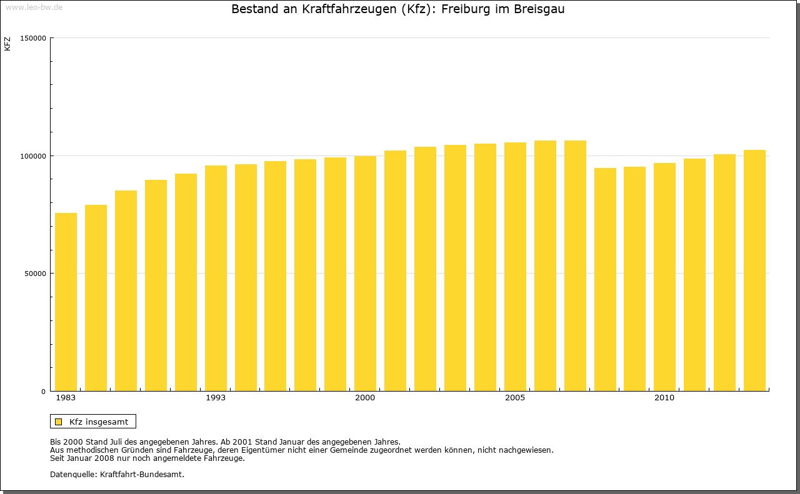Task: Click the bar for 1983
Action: click(66, 302)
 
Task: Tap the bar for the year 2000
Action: click(365, 274)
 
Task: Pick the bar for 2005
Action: click(515, 267)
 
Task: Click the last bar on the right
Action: click(754, 270)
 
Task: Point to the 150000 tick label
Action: click(34, 38)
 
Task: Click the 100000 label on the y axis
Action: click(34, 156)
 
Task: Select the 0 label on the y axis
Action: click(44, 392)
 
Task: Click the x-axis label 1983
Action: click(66, 398)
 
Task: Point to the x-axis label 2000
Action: click(365, 398)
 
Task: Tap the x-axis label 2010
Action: click(664, 398)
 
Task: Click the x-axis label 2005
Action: click(515, 398)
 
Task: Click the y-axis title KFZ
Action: click(7, 44)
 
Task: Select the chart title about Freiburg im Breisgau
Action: click(397, 9)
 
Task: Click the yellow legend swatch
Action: click(58, 422)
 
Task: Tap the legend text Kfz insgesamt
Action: click(99, 422)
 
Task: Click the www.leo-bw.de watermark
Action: click(34, 7)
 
